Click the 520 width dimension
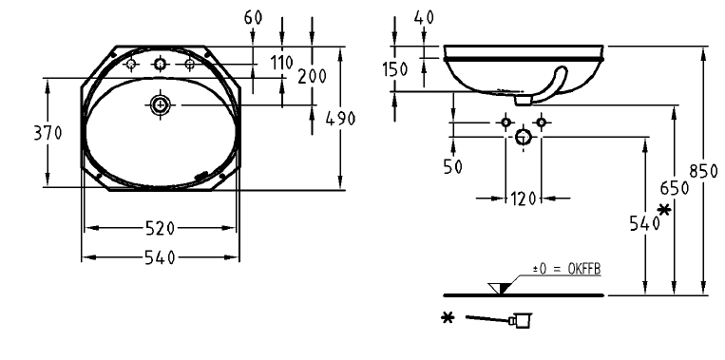(x=160, y=228)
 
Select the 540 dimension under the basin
(x=160, y=257)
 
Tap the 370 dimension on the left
(x=48, y=133)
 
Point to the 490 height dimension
(x=340, y=119)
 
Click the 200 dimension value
(x=312, y=76)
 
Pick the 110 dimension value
(x=281, y=63)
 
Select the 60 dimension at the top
(x=253, y=17)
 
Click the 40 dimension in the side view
(x=424, y=17)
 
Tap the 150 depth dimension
(x=395, y=69)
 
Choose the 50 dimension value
(x=452, y=166)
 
